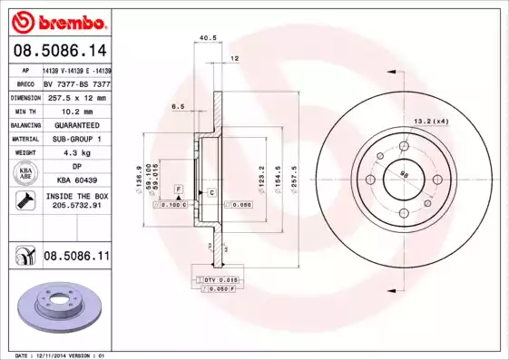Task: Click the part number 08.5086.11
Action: click(x=76, y=258)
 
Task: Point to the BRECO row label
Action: click(x=24, y=83)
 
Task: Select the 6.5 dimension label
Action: click(x=178, y=106)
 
